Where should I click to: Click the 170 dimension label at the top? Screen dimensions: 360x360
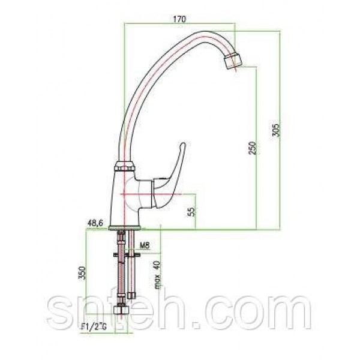179,19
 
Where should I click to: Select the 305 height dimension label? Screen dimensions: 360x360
275,130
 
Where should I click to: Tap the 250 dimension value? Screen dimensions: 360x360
253,148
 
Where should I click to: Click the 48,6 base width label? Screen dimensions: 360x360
95,223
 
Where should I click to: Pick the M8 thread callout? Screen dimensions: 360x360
145,245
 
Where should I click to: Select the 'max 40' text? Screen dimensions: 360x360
157,275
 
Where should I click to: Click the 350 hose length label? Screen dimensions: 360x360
82,273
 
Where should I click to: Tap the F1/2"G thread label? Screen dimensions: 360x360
94,327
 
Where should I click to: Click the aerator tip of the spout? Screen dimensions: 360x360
233,61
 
